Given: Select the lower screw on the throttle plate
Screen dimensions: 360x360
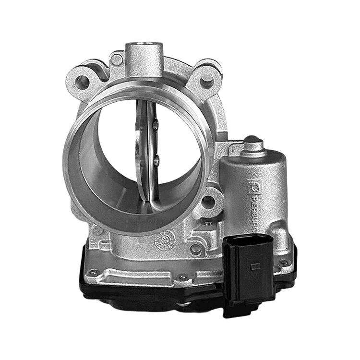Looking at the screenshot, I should coord(156,161).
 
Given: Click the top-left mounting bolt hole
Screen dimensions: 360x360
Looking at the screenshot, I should coord(83,81).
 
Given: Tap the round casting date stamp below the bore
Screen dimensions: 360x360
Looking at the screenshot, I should coord(164,240).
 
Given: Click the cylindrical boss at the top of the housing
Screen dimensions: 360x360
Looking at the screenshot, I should coord(144,57).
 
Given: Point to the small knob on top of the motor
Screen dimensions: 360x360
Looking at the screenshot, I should coord(252,144).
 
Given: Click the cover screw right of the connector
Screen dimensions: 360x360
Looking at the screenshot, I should coord(284,263).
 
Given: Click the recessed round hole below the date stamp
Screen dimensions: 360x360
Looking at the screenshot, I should coord(196,249).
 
